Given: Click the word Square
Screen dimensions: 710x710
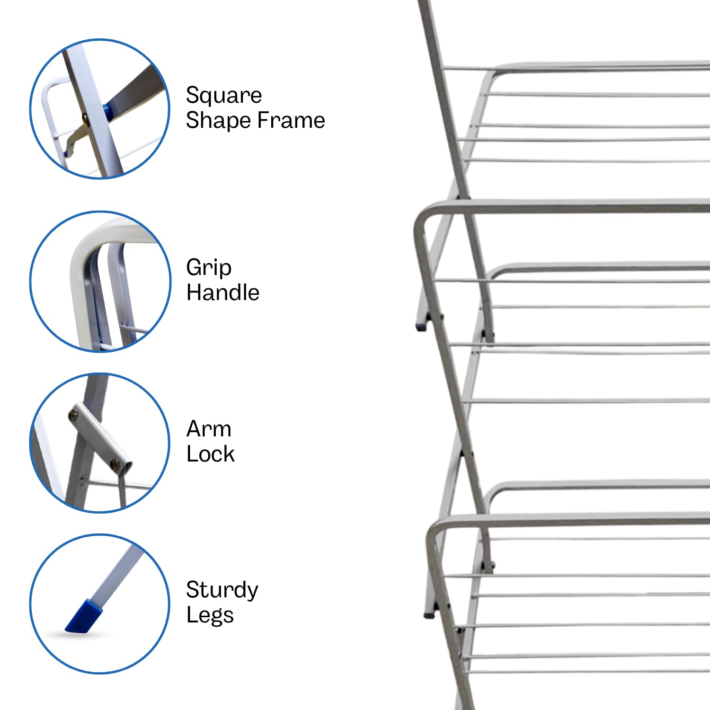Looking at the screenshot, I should [223, 96].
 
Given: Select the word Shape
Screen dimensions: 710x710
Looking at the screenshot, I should [218, 121].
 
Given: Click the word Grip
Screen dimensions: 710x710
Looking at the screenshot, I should [209, 268].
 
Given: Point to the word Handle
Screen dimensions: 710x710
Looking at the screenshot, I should [223, 293].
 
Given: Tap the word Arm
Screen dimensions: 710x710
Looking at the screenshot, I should [209, 429].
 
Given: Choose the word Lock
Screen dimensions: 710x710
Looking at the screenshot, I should [211, 454].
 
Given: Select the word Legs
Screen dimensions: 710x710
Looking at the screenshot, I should [210, 615].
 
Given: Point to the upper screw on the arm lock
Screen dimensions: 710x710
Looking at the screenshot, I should [75, 415].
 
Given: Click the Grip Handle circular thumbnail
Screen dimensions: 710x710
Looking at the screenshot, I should [100, 282].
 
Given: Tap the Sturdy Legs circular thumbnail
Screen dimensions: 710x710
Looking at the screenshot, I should [100, 604].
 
